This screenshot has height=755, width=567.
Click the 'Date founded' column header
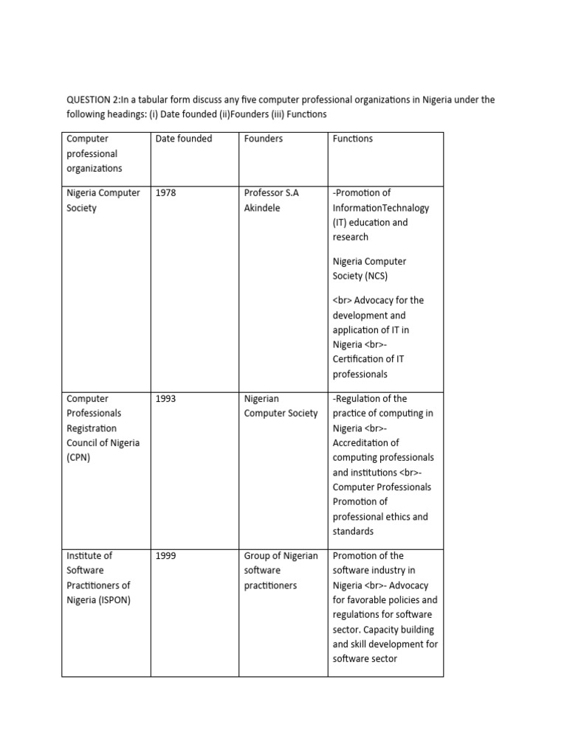(183, 139)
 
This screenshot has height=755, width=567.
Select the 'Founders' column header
(263, 139)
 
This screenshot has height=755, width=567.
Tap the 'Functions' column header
(353, 139)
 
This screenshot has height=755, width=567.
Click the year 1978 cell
(166, 193)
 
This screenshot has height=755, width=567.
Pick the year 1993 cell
(166, 399)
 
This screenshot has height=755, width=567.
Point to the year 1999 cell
(166, 556)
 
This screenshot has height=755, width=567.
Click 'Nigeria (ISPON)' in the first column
(98, 600)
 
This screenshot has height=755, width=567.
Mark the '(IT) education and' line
(370, 223)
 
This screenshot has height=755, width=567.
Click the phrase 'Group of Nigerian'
(281, 556)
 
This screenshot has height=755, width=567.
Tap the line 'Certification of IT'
(368, 359)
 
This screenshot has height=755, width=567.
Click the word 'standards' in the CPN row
(354, 532)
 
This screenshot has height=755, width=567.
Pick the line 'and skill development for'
(385, 644)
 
